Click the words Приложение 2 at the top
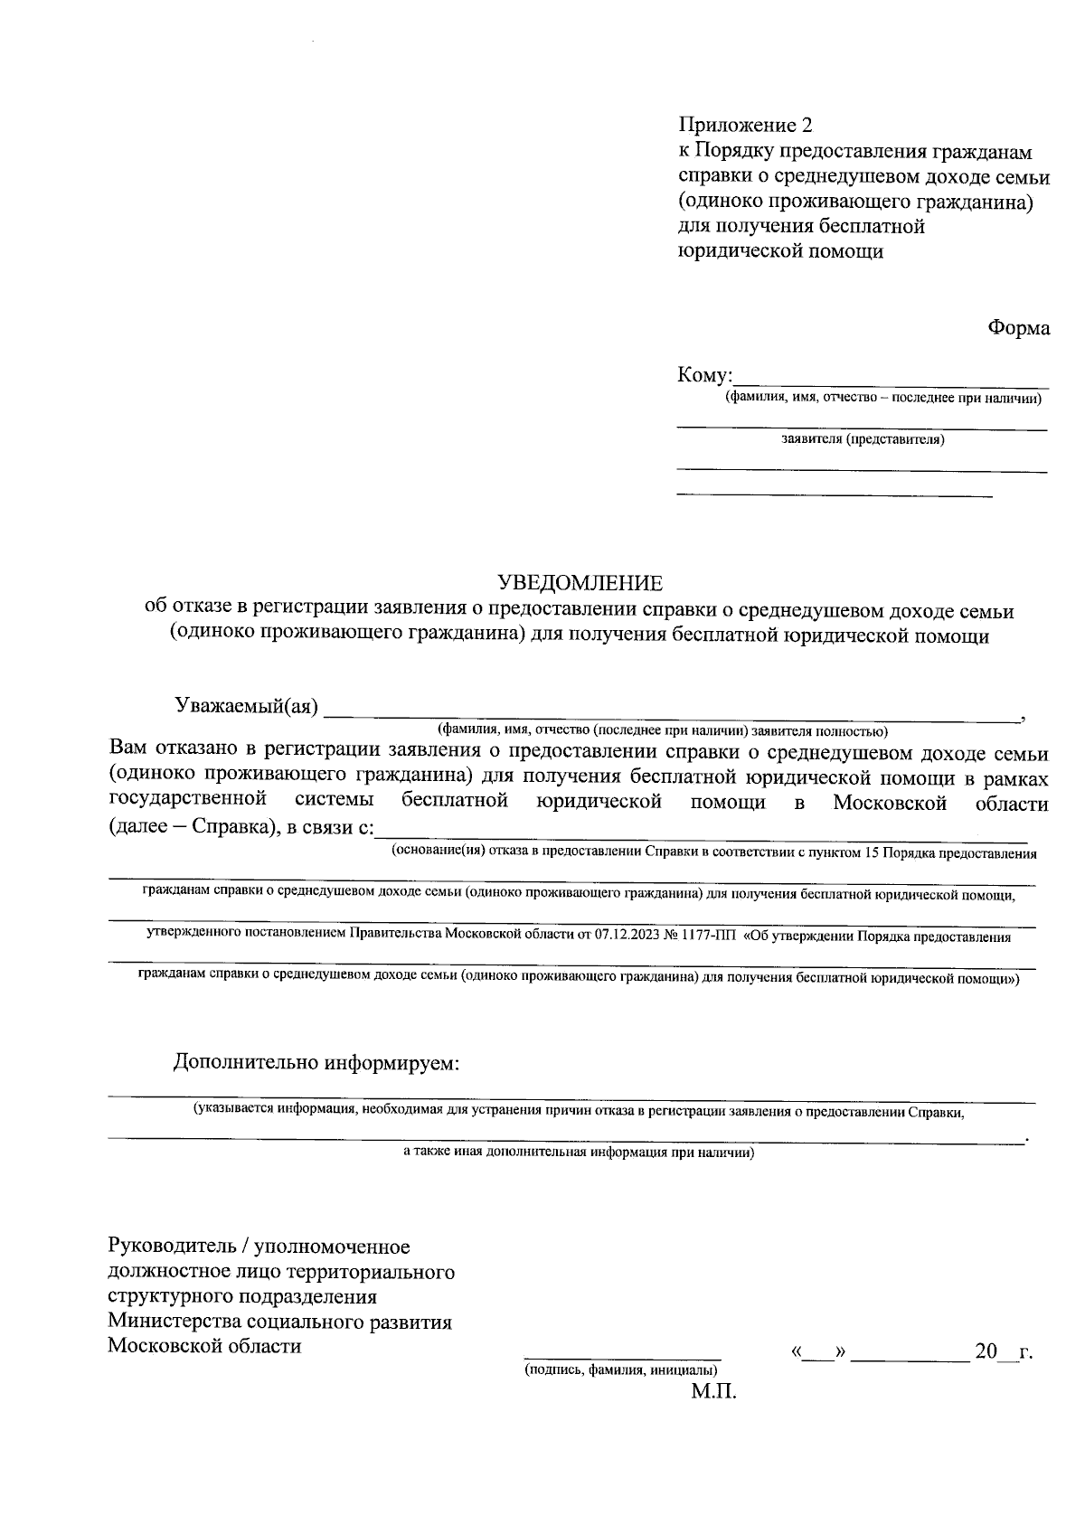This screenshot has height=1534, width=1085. click(x=740, y=125)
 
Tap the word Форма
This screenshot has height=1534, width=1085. click(x=1018, y=328)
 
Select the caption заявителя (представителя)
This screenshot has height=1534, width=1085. click(x=863, y=440)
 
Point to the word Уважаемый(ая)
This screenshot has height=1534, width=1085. click(x=247, y=707)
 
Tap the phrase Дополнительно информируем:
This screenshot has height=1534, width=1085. click(x=317, y=1062)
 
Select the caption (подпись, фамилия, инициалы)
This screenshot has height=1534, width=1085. click(x=622, y=1370)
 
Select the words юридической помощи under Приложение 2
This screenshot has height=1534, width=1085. click(x=780, y=251)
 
